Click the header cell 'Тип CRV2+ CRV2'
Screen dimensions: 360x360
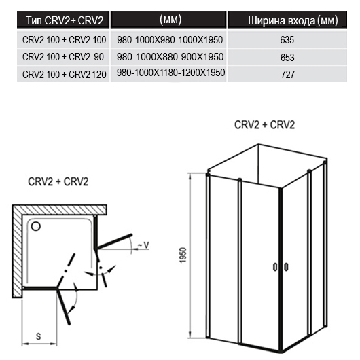click(65, 20)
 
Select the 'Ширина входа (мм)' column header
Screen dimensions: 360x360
click(293, 20)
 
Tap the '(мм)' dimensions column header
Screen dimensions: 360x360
click(170, 20)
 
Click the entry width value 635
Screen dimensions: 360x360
click(287, 40)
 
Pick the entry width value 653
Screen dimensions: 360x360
click(287, 58)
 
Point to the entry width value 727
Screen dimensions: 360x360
click(288, 75)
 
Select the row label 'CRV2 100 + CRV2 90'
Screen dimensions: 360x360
click(63, 57)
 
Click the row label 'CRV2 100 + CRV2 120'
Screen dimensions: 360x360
click(65, 75)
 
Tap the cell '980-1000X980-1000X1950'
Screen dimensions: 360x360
click(170, 40)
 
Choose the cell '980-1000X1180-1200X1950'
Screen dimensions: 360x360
click(170, 73)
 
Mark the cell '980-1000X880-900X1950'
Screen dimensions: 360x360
click(170, 57)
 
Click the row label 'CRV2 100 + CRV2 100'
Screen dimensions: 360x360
click(65, 40)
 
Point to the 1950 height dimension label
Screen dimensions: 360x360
click(183, 255)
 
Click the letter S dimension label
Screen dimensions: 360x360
click(38, 336)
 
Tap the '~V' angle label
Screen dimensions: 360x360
click(143, 245)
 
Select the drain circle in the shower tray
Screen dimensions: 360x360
click(36, 226)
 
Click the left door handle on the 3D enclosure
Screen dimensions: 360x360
click(275, 267)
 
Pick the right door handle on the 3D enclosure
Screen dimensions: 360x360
click(286, 267)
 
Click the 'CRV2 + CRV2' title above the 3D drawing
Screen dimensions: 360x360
click(264, 125)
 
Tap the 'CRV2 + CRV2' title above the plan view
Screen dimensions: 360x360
click(58, 181)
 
